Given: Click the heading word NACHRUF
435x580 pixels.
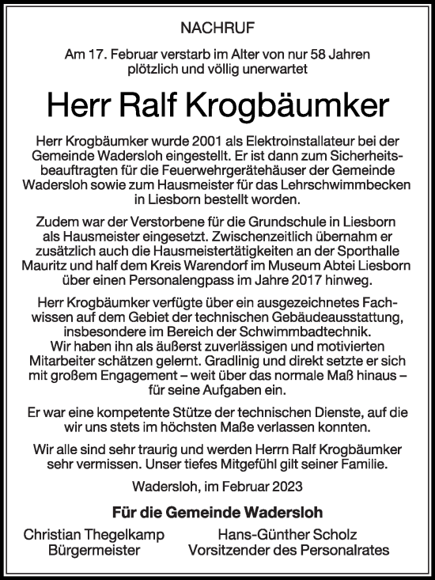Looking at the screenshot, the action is [217, 29].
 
